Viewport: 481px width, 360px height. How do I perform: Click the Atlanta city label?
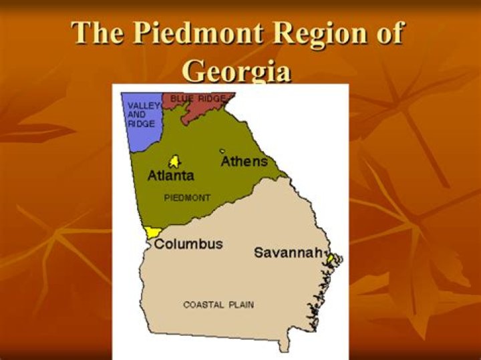[x=170, y=176]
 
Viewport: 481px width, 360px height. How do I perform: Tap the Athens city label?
[x=244, y=162]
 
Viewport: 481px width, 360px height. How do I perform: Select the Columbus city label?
[x=188, y=244]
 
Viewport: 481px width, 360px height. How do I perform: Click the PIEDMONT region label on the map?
[x=187, y=198]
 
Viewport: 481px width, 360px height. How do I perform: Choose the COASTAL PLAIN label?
[x=218, y=305]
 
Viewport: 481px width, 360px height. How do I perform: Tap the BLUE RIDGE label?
[x=198, y=99]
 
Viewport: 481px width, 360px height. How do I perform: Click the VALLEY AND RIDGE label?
[x=141, y=115]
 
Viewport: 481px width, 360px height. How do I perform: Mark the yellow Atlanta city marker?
[x=174, y=162]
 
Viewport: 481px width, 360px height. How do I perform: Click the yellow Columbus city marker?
[x=153, y=232]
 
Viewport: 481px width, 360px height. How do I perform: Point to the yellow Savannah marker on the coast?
[x=330, y=258]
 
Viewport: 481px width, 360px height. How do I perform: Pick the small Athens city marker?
[x=222, y=152]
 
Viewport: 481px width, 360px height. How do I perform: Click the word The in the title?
[x=96, y=33]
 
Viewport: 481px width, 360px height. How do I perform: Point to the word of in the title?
[x=387, y=33]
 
